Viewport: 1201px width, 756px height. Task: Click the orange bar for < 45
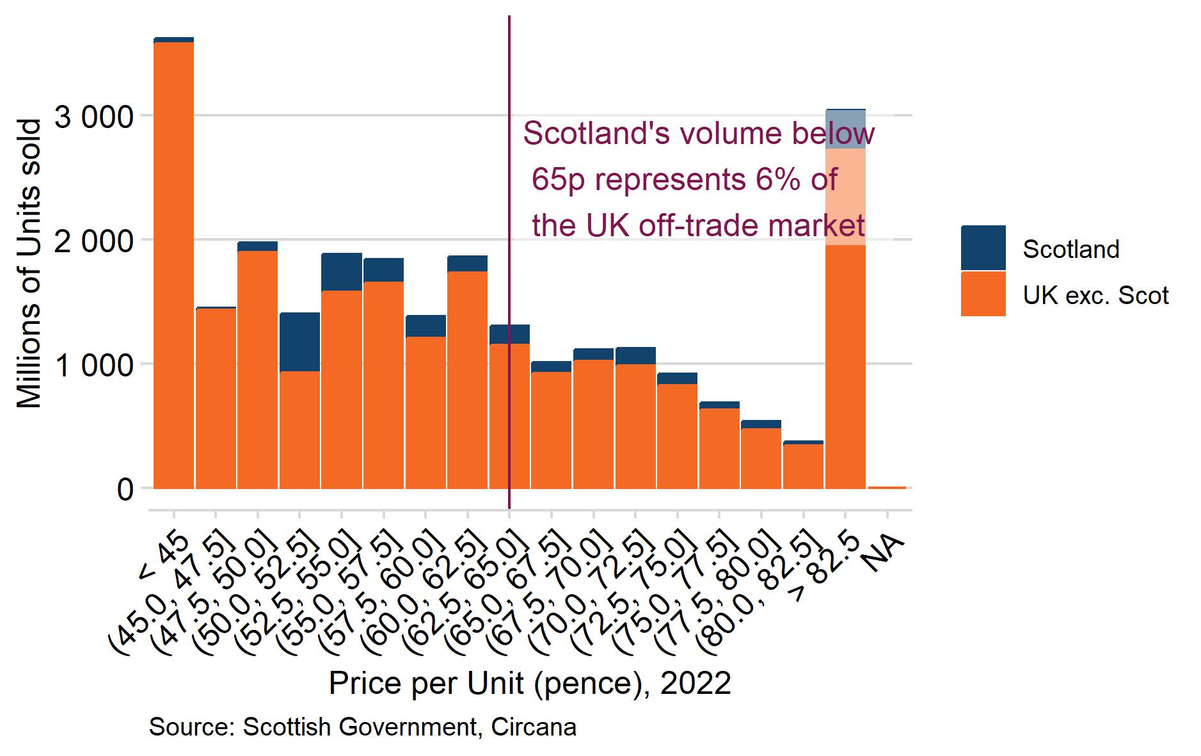pyautogui.click(x=173, y=269)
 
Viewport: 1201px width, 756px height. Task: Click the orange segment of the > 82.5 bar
pyautogui.click(x=845, y=365)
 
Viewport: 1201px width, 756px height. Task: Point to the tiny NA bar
pyautogui.click(x=887, y=487)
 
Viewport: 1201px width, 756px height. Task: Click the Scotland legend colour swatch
pyautogui.click(x=983, y=248)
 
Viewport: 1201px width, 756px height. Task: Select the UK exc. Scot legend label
pyautogui.click(x=1095, y=295)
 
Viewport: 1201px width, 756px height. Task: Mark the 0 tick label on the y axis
pyautogui.click(x=125, y=490)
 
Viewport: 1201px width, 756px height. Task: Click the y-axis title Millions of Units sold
pyautogui.click(x=29, y=262)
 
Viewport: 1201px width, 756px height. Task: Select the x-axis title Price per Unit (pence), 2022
pyautogui.click(x=529, y=684)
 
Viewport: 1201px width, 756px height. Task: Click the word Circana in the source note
pyautogui.click(x=534, y=727)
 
